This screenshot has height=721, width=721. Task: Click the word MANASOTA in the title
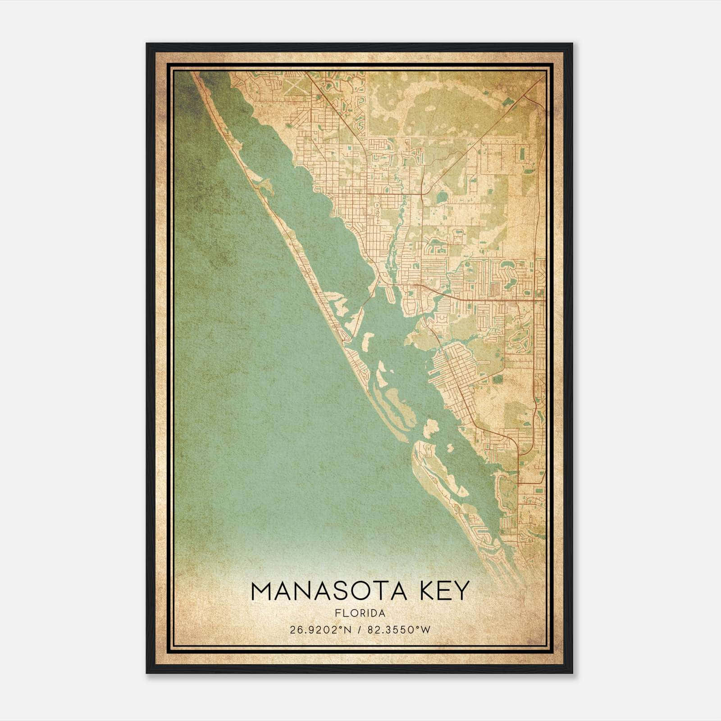(x=329, y=591)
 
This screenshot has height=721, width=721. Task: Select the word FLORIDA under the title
(x=360, y=613)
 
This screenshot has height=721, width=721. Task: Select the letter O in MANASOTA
(x=360, y=591)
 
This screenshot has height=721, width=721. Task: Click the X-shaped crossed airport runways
(x=293, y=86)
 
